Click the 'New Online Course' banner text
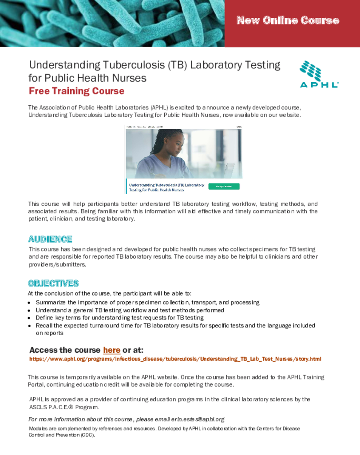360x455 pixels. pyautogui.click(x=288, y=20)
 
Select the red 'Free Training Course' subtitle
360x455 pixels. pyautogui.click(x=76, y=91)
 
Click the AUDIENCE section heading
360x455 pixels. pyautogui.click(x=50, y=239)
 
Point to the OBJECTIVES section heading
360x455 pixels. pyautogui.click(x=53, y=283)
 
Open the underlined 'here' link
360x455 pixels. pyautogui.click(x=111, y=350)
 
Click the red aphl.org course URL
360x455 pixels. pyautogui.click(x=175, y=359)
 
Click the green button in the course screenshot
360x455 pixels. pyautogui.click(x=224, y=186)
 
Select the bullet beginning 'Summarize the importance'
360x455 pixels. pyautogui.click(x=147, y=303)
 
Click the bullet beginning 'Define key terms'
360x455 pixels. pyautogui.click(x=119, y=318)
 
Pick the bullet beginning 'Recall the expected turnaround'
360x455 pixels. pyautogui.click(x=175, y=326)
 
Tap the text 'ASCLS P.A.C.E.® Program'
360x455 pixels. pyautogui.click(x=64, y=407)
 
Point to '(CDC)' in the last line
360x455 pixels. pyautogui.click(x=88, y=435)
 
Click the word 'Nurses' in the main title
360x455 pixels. pyautogui.click(x=128, y=78)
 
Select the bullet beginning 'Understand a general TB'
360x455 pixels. pyautogui.click(x=130, y=310)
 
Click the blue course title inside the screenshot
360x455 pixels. pyautogui.click(x=166, y=187)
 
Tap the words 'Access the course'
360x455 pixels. pyautogui.click(x=65, y=350)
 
